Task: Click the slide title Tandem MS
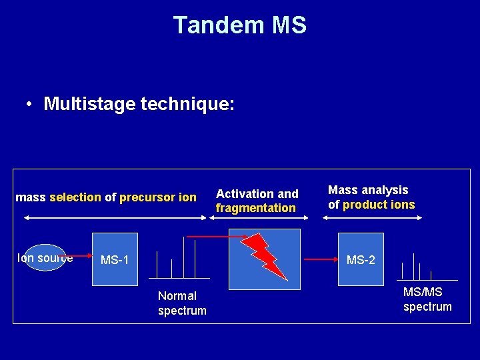[x=240, y=25]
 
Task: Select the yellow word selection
[x=75, y=197]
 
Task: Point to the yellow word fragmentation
[x=255, y=208]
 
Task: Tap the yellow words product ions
[x=379, y=205]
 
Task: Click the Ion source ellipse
[x=44, y=256]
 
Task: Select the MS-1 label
[x=115, y=259]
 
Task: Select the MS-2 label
[x=361, y=259]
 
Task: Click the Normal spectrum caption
[x=182, y=303]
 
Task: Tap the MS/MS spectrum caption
[x=427, y=299]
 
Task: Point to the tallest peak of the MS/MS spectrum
[x=414, y=265]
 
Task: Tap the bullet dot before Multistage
[x=30, y=105]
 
